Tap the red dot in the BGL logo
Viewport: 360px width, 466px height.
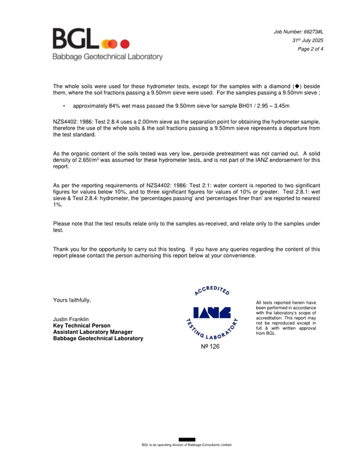(x=125, y=44)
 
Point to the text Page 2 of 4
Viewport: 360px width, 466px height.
(x=310, y=49)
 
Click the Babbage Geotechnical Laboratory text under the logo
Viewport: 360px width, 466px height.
(x=107, y=57)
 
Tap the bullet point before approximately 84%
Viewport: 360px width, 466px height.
(x=64, y=107)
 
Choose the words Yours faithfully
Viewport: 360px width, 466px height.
(x=72, y=300)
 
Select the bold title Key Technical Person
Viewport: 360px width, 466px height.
(x=82, y=326)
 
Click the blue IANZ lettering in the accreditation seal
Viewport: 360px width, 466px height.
(x=212, y=313)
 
